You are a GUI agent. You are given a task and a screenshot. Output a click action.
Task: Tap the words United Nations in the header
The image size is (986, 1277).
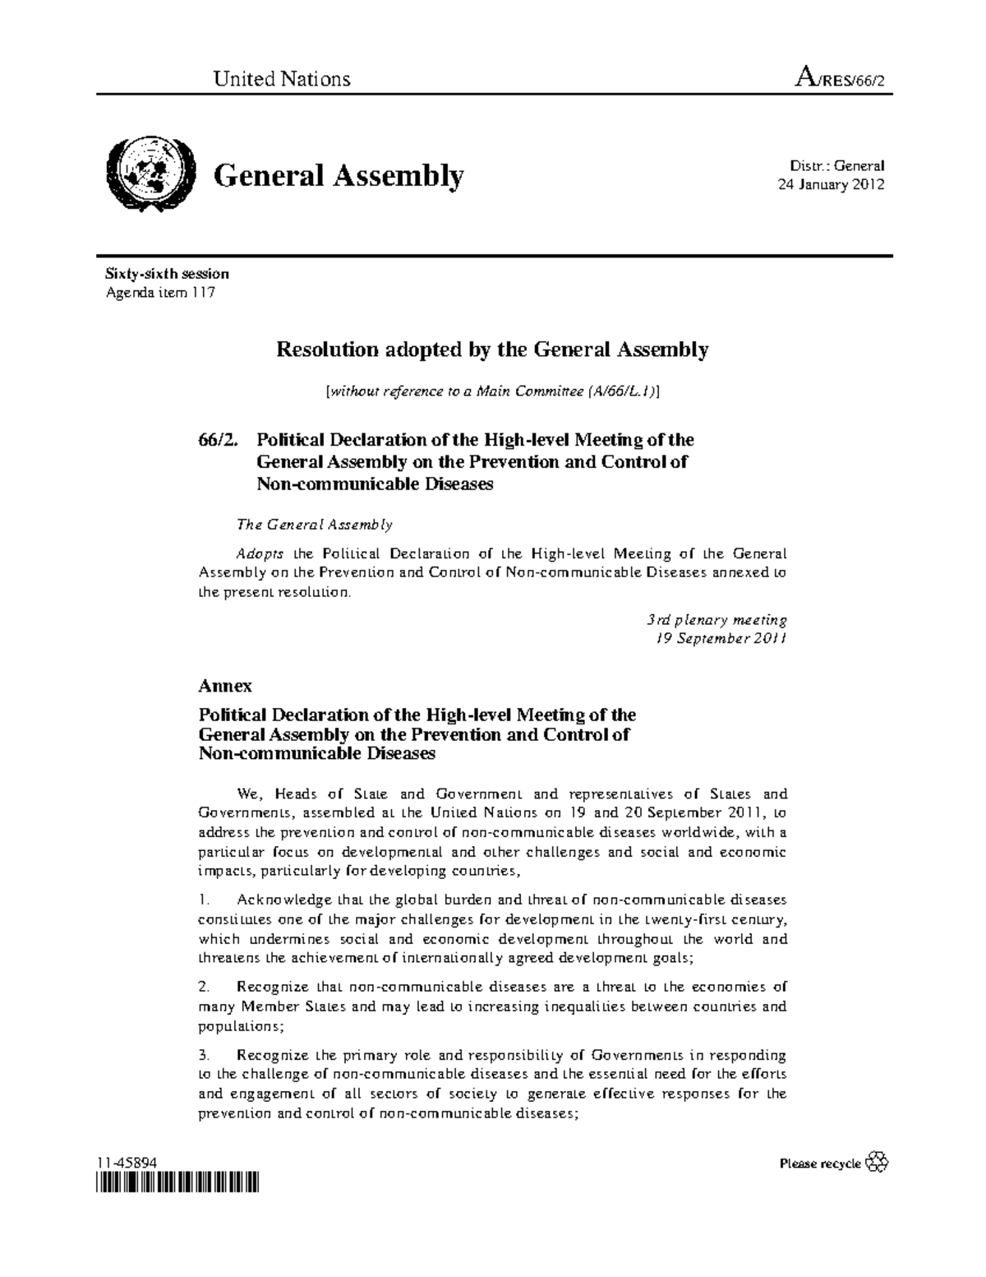(282, 79)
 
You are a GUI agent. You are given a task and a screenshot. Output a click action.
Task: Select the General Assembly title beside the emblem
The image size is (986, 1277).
(339, 175)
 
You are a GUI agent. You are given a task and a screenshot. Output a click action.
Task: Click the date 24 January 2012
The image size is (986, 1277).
(831, 184)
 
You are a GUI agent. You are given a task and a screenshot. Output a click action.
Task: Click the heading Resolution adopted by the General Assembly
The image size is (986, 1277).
(491, 350)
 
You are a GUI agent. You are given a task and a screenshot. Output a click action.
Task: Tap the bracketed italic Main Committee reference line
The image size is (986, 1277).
(492, 392)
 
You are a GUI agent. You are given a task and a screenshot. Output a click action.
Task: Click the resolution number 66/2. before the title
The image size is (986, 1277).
(218, 440)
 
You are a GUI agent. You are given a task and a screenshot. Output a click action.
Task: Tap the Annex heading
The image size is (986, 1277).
(225, 685)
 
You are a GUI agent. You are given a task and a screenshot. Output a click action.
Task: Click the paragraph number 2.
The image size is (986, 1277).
(205, 987)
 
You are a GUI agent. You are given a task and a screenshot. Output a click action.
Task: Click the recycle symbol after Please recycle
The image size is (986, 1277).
(878, 1161)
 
